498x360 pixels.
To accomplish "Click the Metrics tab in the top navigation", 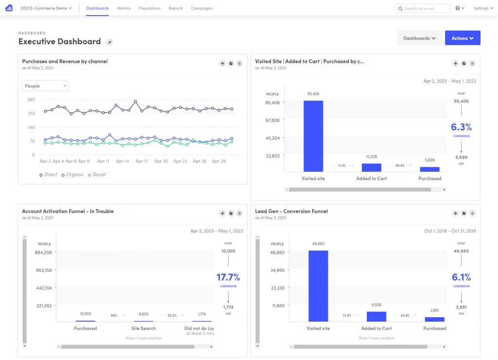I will (x=124, y=8).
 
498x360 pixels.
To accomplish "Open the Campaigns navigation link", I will (x=201, y=8).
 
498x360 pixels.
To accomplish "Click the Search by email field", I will (x=423, y=8).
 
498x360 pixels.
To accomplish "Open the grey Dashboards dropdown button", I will (x=419, y=38).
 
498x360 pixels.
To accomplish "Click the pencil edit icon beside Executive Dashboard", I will (x=110, y=42).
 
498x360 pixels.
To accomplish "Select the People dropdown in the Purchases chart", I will (x=45, y=86).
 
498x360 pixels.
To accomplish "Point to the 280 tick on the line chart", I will (x=31, y=100).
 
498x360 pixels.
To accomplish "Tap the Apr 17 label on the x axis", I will (x=142, y=161).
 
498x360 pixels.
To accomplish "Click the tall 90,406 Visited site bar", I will (x=313, y=136).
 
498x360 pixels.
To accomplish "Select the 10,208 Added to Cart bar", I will (x=372, y=167).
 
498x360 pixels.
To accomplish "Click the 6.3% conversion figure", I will (x=461, y=127).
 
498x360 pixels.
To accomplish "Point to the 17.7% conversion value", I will (x=228, y=277).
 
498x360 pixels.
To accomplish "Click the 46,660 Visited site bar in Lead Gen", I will (x=318, y=286).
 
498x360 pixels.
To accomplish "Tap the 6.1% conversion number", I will (x=461, y=277).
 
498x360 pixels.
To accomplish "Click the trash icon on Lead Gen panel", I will (x=472, y=213).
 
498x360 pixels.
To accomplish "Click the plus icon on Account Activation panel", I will (x=222, y=213).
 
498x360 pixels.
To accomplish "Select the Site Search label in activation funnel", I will (x=143, y=328).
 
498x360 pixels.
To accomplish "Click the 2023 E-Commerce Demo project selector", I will (x=46, y=8).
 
